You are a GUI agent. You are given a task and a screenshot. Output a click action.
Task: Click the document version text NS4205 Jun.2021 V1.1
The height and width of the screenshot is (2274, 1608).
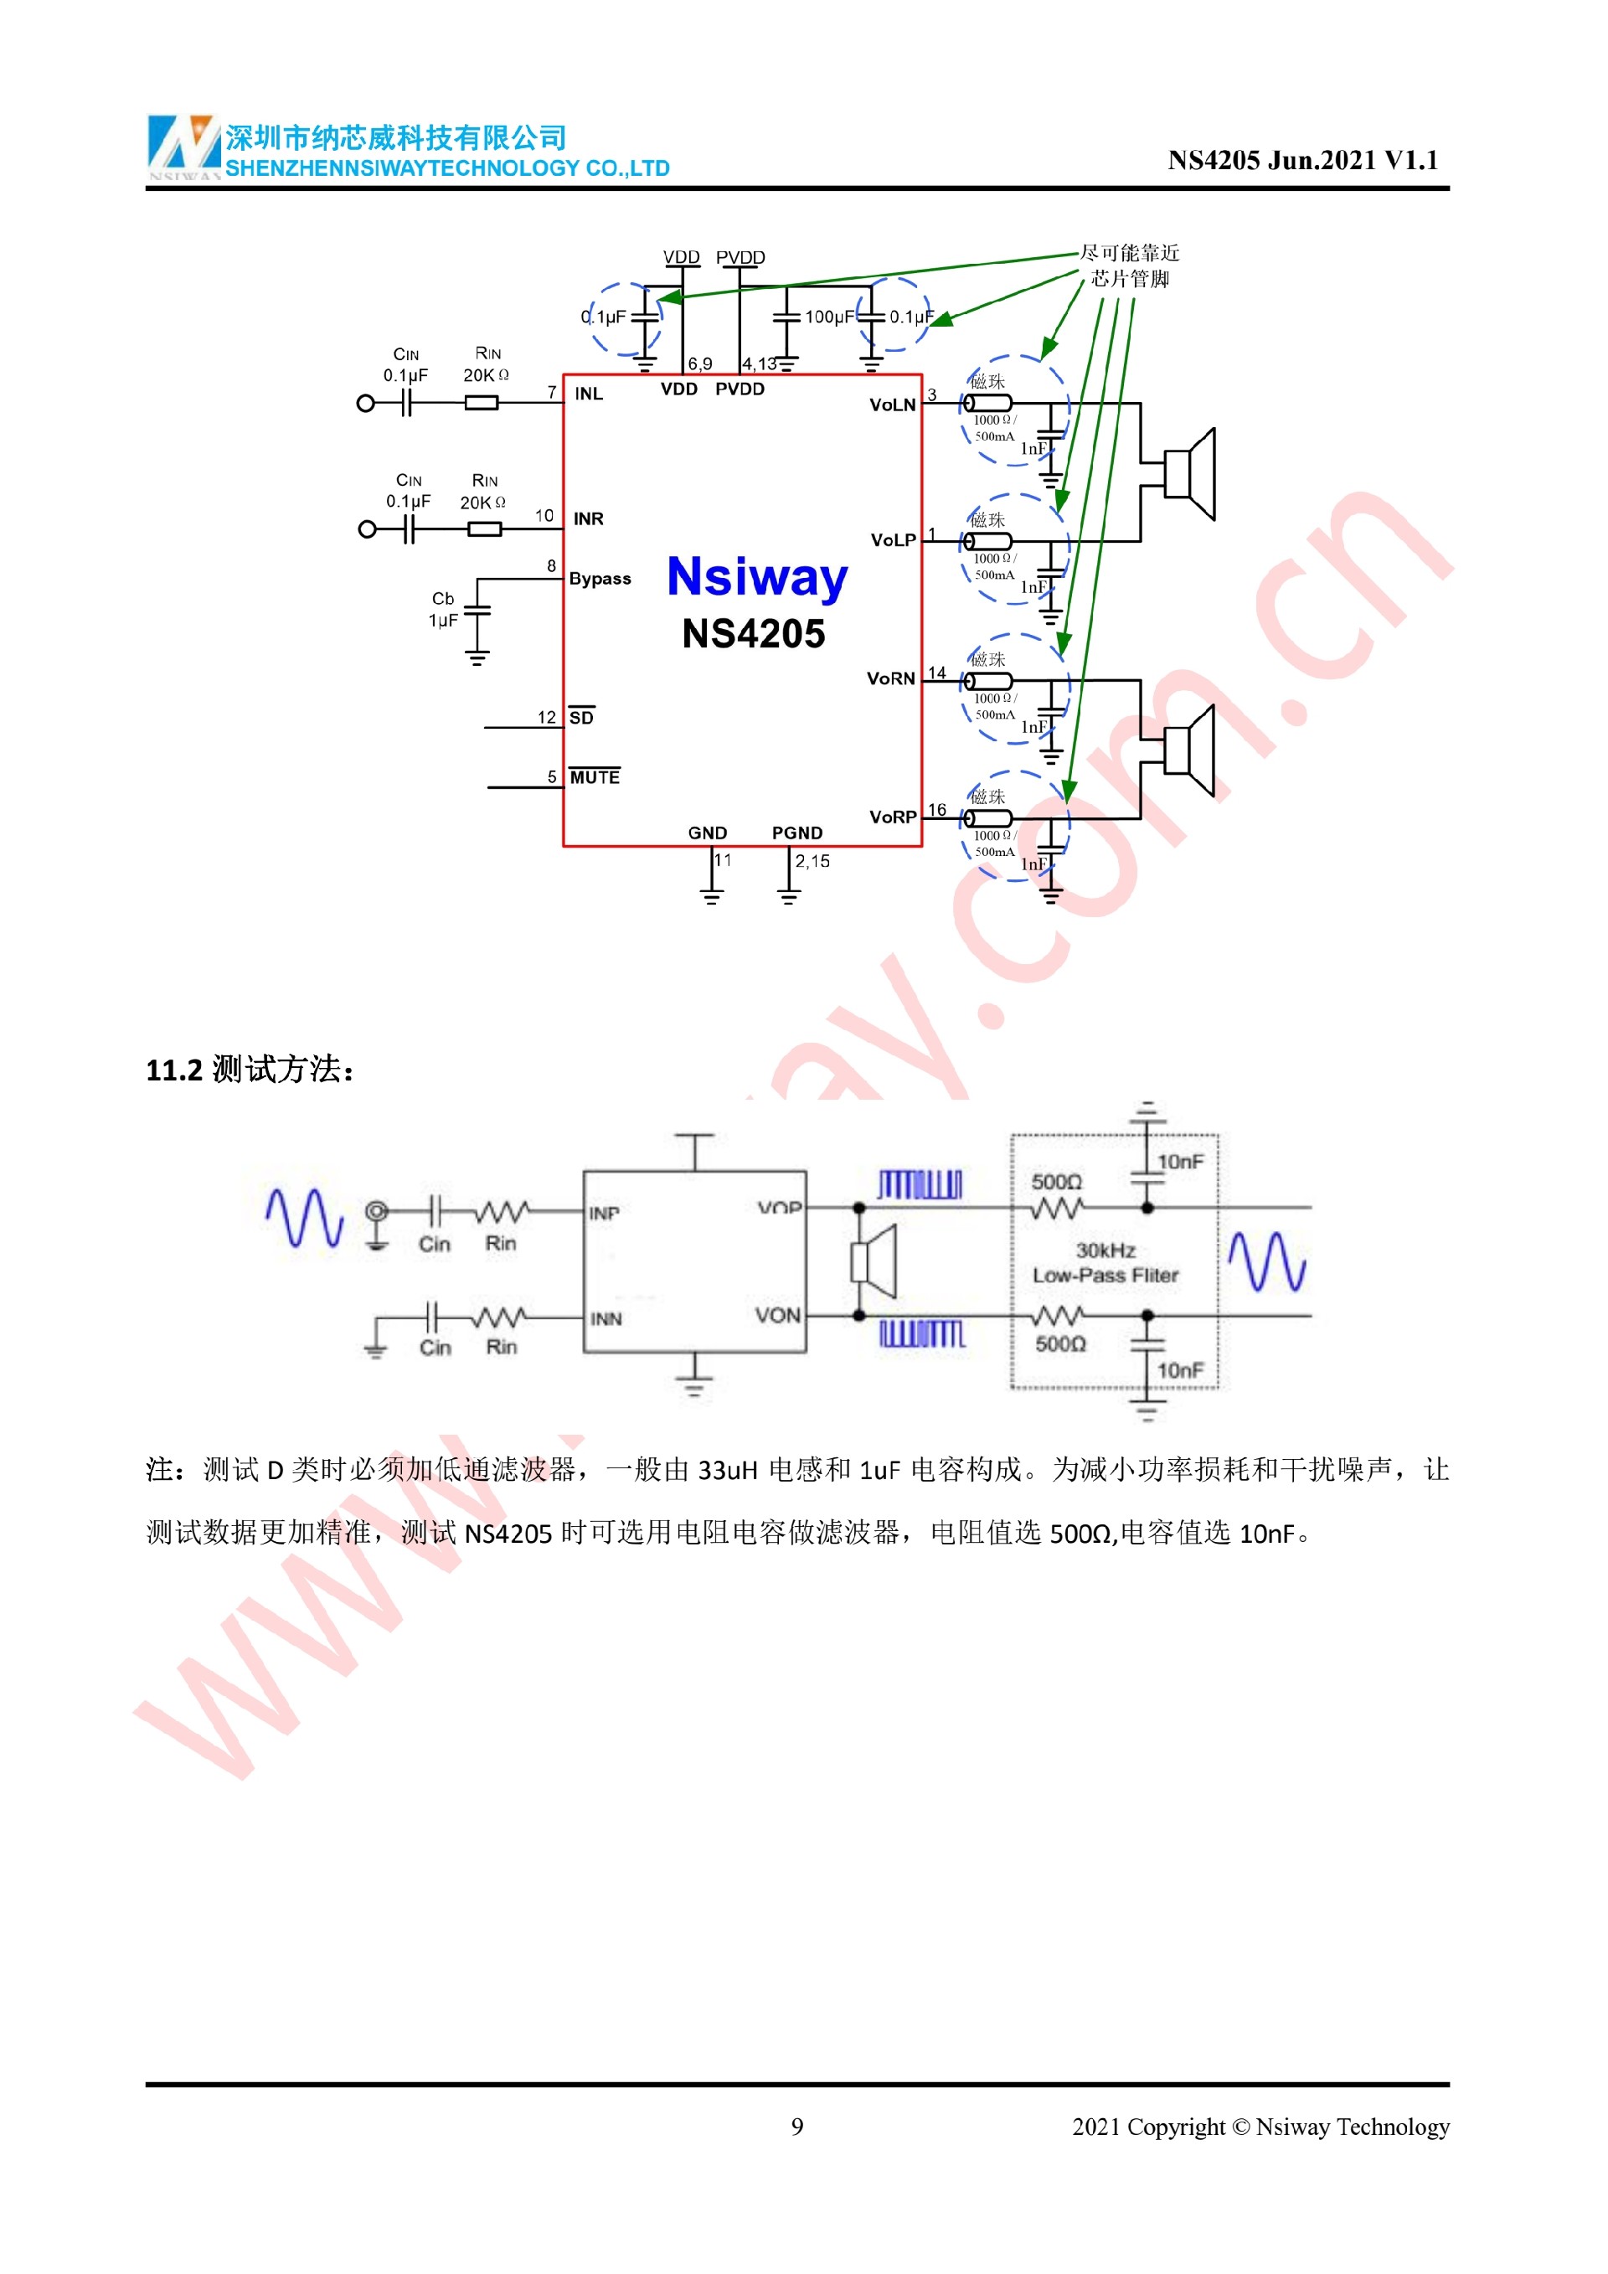(1302, 161)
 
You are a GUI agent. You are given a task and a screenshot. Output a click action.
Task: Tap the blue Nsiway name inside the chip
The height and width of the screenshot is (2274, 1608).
(756, 576)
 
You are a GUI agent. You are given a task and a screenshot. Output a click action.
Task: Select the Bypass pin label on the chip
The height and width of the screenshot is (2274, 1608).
(600, 579)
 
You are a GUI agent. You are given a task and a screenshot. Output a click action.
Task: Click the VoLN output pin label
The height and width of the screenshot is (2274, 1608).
(892, 405)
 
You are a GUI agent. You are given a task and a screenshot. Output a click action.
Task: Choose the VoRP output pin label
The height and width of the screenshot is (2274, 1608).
(892, 817)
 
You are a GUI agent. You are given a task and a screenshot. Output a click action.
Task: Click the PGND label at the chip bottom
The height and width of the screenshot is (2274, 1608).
(797, 833)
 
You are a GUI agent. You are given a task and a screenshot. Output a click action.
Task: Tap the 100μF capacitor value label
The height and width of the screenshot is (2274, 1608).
(829, 317)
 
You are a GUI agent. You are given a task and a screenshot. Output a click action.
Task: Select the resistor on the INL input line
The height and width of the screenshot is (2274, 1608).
(482, 403)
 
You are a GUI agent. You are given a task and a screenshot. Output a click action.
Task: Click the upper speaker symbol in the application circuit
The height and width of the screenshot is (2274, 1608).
(1189, 473)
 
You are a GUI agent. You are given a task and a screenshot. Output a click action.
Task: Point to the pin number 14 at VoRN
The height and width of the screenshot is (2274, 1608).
(936, 673)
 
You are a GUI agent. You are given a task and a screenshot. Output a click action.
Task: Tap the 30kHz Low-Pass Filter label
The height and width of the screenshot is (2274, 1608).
(1105, 1263)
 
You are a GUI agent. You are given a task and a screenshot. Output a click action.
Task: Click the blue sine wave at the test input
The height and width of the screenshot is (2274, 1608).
(304, 1217)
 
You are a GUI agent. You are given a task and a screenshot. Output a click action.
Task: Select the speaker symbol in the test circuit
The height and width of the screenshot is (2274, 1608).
(874, 1261)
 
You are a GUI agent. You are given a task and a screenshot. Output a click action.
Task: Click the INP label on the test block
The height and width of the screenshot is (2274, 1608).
(604, 1214)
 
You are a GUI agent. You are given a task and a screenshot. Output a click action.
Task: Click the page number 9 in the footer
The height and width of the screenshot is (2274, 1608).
(797, 2127)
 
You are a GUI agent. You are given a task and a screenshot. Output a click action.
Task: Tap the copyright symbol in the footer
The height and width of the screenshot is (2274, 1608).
(1239, 2127)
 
